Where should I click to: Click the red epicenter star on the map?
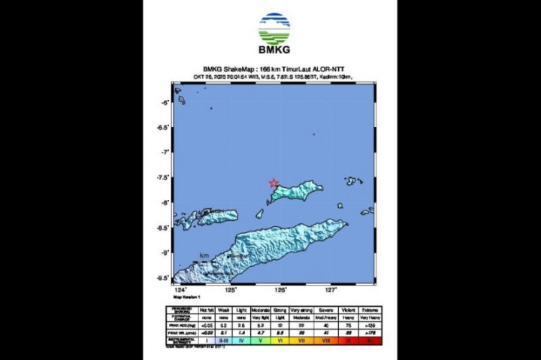274,183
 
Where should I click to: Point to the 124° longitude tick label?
180,289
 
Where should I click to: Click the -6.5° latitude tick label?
163,127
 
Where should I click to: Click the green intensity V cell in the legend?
260,339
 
